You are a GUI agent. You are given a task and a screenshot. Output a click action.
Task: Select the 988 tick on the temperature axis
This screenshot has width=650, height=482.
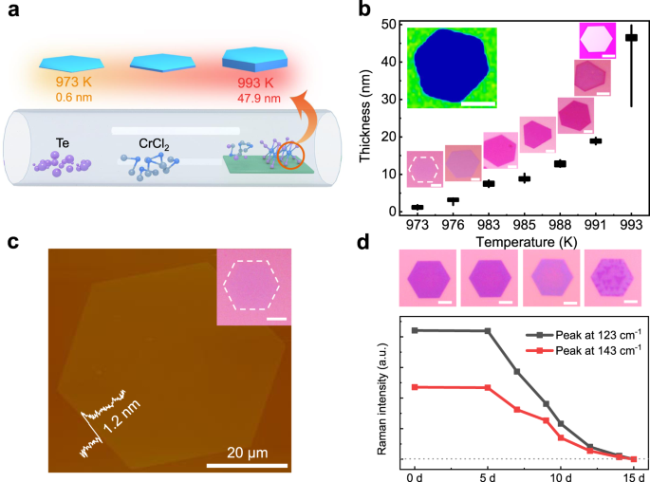point(560,227)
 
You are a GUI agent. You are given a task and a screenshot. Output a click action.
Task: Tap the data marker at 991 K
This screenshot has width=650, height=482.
point(596,140)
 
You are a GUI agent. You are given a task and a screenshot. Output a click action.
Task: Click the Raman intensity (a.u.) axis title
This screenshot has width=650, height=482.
point(382,399)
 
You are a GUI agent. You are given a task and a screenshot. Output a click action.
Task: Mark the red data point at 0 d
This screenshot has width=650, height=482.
point(414,387)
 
